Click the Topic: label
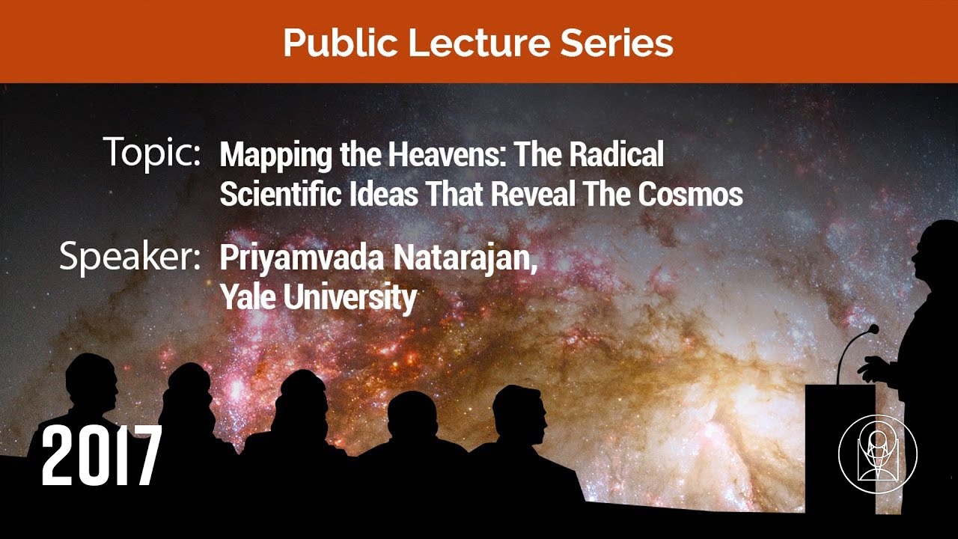click(152, 153)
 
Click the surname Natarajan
click(464, 259)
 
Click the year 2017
click(101, 454)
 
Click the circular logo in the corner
click(878, 454)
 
